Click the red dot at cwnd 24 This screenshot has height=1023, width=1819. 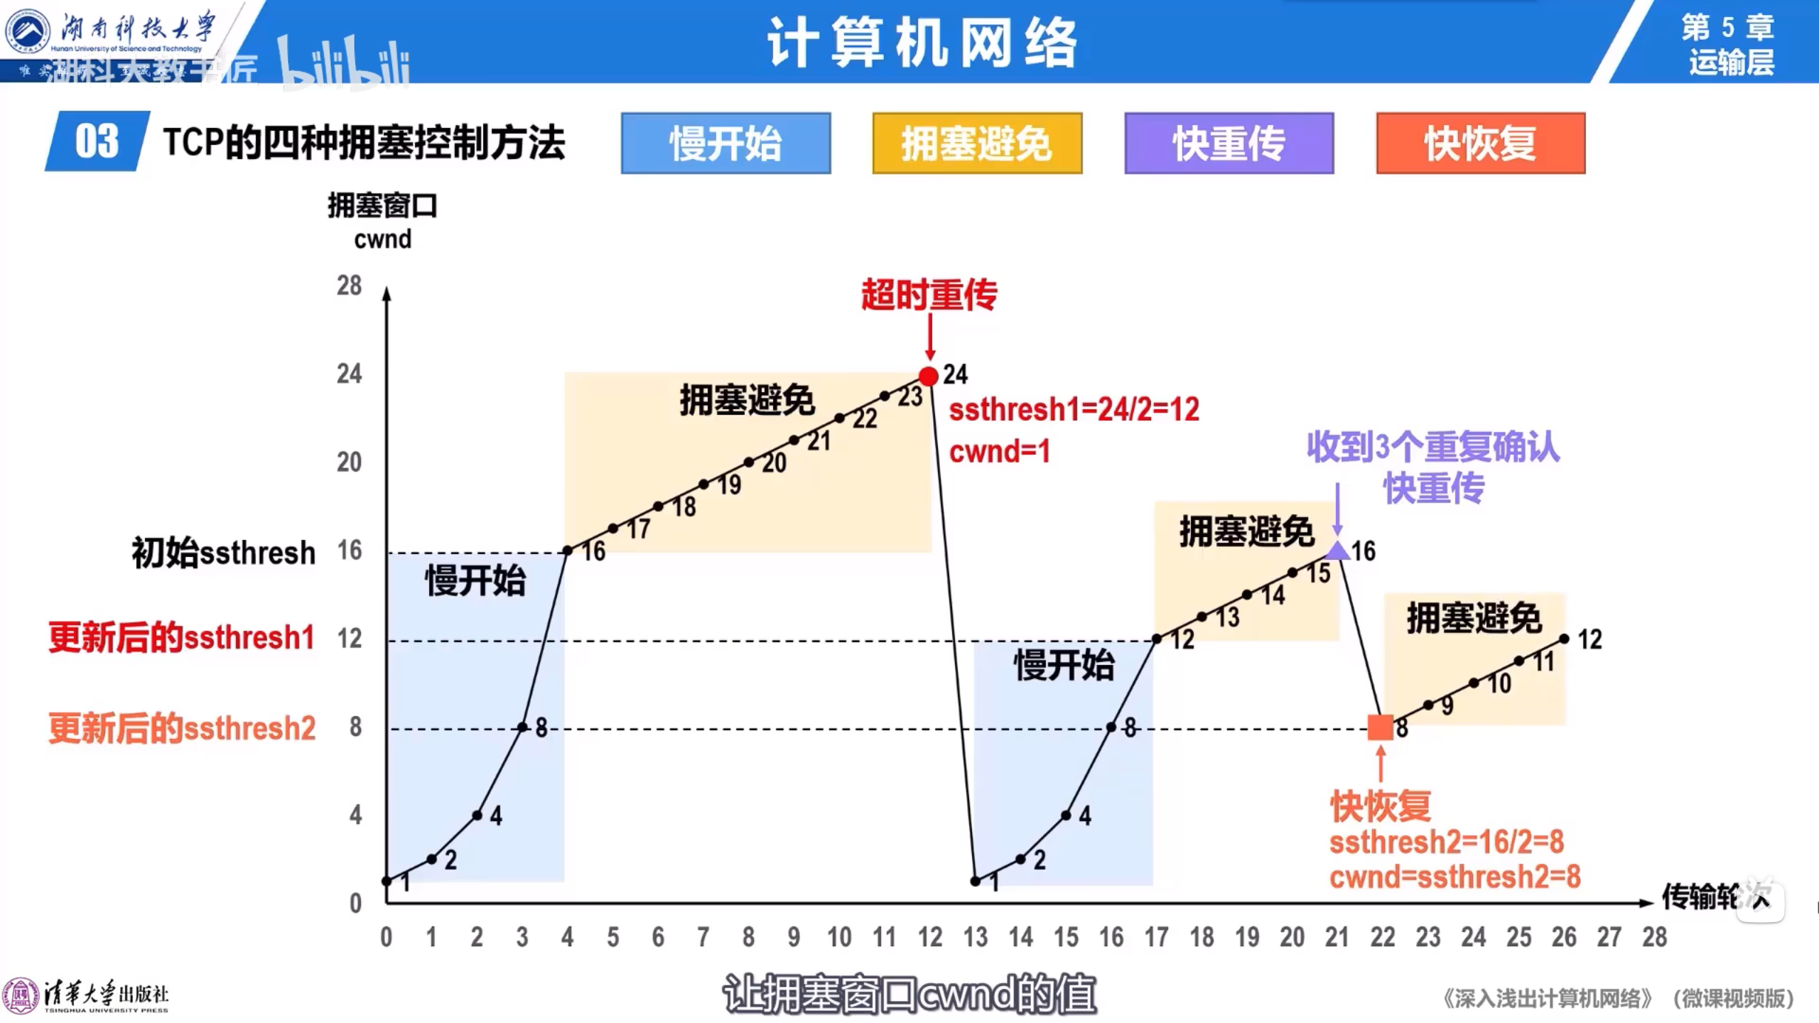928,376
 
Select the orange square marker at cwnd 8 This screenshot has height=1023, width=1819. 1381,727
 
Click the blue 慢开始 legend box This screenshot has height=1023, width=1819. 725,143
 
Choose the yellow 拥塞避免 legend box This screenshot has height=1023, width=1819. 977,143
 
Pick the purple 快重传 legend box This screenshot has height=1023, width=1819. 1229,143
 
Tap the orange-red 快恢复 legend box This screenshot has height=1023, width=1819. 1481,143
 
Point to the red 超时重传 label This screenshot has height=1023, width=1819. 929,295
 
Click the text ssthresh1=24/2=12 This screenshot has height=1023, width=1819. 1074,410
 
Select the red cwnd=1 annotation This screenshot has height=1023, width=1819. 1000,452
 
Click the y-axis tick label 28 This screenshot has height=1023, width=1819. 349,286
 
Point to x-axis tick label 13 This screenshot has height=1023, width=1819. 976,938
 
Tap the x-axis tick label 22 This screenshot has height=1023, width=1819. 1383,938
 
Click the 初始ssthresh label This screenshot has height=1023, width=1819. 223,553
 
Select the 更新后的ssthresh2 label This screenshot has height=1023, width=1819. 182,728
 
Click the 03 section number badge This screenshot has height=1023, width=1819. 97,141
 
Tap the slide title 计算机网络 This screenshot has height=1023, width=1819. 922,43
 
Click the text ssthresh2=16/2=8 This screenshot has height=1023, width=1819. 1447,843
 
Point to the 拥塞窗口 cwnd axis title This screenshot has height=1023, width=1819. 382,222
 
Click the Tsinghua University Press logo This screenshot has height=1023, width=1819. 85,996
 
